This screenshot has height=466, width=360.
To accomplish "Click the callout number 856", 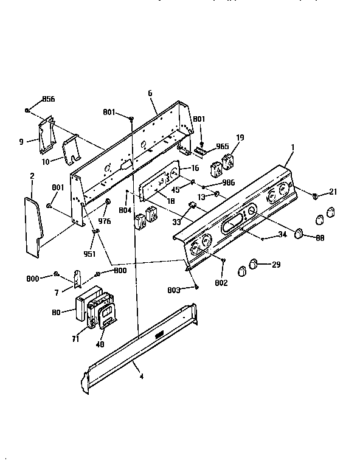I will coord(48,99).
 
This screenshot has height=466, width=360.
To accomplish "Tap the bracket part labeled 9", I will coord(44,137).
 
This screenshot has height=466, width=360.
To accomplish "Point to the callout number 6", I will coord(150,93).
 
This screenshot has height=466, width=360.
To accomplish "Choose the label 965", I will coord(222,147).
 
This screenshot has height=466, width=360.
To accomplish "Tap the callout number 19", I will coord(240,138).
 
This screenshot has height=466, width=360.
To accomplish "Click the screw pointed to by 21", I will coord(315,195).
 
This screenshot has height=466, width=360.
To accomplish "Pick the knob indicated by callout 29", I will coord(252,263).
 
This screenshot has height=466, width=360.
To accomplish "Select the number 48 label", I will coord(100,344).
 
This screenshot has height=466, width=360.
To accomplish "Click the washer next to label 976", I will coord(108,201).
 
